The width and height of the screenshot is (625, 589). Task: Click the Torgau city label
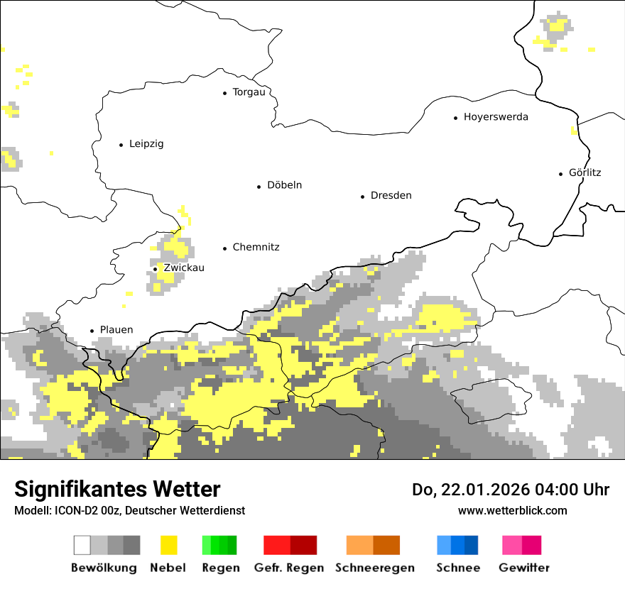point(249,92)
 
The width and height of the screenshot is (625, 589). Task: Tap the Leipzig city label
point(146,144)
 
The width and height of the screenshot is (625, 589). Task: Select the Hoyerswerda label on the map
point(496,117)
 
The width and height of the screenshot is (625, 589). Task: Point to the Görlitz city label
point(585,172)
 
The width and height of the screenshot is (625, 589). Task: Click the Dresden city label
point(391,196)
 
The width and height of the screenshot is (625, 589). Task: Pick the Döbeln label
point(284,185)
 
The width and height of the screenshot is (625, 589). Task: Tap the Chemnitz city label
point(256,248)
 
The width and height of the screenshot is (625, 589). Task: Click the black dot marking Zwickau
point(156,269)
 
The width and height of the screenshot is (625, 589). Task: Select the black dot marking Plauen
point(92,331)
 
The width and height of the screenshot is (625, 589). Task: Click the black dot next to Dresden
point(363,197)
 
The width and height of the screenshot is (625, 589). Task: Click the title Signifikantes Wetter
point(117,490)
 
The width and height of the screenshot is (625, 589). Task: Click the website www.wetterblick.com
point(512,511)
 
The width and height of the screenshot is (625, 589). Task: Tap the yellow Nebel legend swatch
point(168,545)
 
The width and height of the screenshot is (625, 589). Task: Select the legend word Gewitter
point(523,568)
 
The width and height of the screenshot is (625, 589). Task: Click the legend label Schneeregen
point(374,568)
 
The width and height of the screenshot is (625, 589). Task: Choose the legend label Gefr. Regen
point(289,568)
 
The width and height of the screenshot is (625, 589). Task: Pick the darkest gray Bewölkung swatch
point(132,545)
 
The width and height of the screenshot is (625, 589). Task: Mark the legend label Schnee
point(457,568)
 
